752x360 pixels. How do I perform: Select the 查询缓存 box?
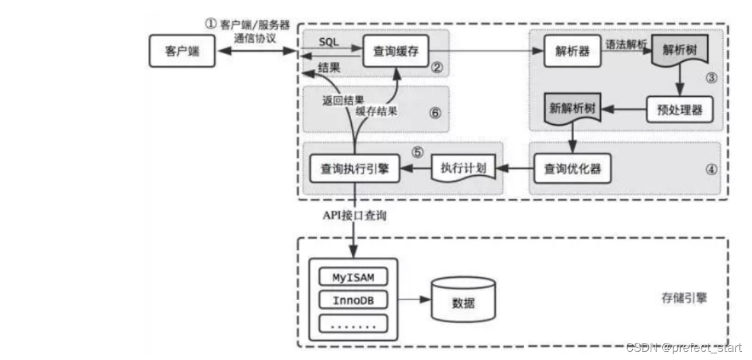395,51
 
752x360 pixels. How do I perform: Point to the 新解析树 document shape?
572,109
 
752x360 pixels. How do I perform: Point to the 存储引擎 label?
684,298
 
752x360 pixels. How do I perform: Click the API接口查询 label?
353,215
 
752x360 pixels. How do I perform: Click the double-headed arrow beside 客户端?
255,50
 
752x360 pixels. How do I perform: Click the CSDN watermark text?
683,347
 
